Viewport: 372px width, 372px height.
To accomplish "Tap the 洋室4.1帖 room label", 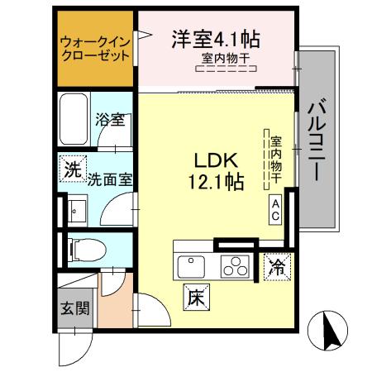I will point(217,38).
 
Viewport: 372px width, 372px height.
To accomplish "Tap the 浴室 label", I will point(109,120).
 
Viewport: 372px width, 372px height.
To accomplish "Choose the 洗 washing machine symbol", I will point(73,172).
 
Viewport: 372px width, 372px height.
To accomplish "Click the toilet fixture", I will point(82,248).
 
